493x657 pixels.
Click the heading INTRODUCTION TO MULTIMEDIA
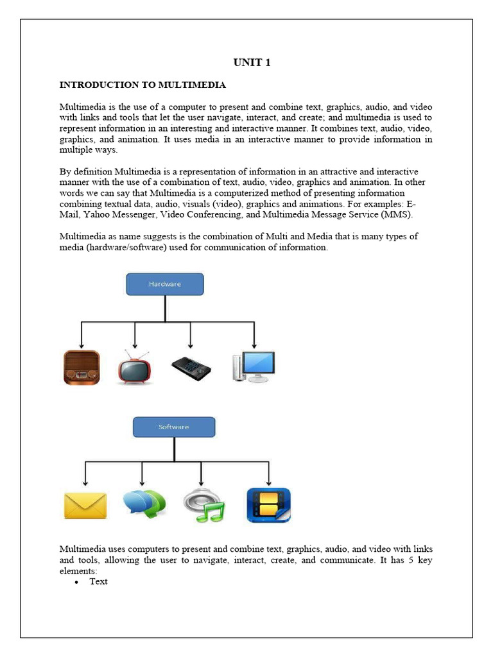click(x=143, y=85)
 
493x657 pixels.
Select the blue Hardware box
click(x=165, y=284)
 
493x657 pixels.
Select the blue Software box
click(x=173, y=427)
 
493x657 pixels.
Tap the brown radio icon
click(x=82, y=367)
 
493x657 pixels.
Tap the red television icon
click(x=134, y=367)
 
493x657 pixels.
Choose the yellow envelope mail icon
click(x=85, y=506)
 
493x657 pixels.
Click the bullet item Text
click(x=99, y=581)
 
